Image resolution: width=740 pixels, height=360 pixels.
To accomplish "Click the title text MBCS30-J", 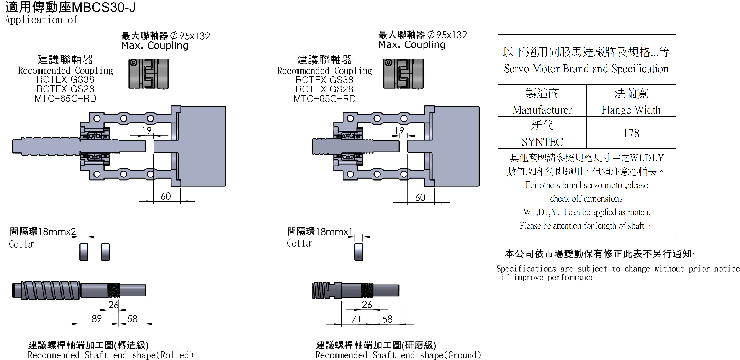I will (x=103, y=8).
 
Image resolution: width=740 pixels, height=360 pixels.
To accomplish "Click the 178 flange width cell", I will (x=631, y=133).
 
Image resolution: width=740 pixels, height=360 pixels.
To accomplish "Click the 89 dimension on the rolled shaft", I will (x=97, y=319).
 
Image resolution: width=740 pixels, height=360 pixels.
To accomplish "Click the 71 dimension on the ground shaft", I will (x=356, y=319).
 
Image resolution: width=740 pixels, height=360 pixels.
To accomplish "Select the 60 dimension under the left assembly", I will (x=166, y=196).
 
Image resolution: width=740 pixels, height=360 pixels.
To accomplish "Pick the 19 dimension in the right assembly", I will (x=399, y=131).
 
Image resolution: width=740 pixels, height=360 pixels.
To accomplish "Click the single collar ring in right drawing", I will (x=359, y=252).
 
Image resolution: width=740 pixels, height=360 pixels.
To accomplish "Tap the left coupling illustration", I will (x=149, y=74).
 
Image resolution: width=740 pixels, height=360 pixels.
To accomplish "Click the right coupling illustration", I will (x=403, y=74).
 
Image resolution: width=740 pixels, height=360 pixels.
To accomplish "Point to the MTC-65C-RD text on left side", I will (x=65, y=98).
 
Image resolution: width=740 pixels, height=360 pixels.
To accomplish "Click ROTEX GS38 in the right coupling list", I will (x=324, y=80).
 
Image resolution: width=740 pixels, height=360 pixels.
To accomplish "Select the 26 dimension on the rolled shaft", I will (x=113, y=305).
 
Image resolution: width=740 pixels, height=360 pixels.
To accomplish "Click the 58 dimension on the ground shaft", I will (x=387, y=319).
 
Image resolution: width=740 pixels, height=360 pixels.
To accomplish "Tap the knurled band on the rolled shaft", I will (x=114, y=290).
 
